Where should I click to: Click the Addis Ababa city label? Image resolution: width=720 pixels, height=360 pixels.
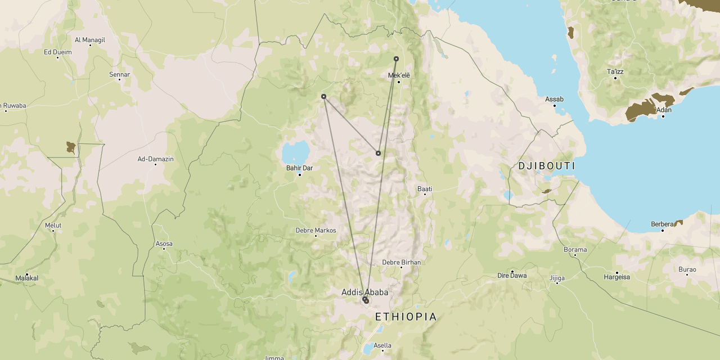364,292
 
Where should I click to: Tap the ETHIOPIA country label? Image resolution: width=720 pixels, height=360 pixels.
406,317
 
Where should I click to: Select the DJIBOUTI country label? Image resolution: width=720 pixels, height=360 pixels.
547,166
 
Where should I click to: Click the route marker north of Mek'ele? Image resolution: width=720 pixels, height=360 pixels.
396,58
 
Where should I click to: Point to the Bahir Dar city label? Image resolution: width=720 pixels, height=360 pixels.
299,168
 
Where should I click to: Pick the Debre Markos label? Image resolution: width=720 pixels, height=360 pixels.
316,230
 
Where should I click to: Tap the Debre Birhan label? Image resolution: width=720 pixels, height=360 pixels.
401,262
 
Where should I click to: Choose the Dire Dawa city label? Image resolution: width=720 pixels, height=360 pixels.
512,275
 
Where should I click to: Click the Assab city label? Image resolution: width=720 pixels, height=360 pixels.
554,99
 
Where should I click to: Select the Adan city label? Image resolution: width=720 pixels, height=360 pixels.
663,110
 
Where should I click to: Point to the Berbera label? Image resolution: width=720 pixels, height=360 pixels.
662,224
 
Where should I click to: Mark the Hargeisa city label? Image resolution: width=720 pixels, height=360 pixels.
617,277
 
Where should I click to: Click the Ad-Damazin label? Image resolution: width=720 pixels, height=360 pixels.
156,159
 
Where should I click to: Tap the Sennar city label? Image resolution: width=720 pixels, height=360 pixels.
119,74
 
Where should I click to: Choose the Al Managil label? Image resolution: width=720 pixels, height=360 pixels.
90,40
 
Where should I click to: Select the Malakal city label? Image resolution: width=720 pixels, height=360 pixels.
27,278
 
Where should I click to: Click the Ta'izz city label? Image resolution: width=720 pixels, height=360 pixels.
615,71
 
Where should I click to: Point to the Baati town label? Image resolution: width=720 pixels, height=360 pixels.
425,189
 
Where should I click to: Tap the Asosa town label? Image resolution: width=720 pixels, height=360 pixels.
164,244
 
